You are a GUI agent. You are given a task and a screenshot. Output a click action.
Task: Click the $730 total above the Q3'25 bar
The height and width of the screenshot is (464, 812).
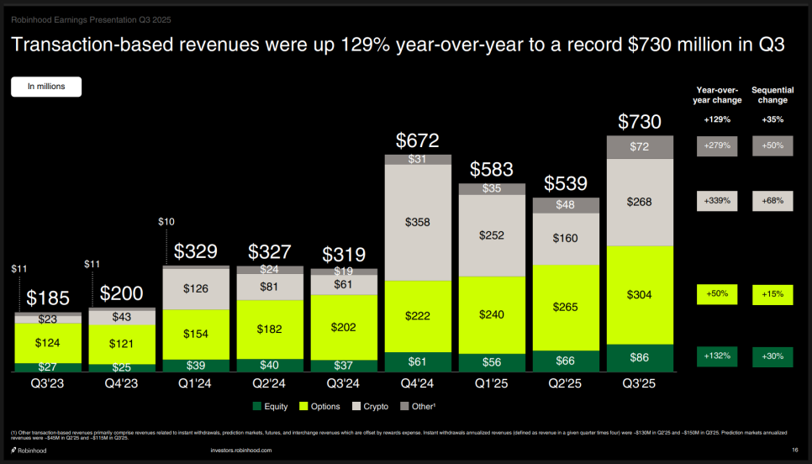tap(640, 122)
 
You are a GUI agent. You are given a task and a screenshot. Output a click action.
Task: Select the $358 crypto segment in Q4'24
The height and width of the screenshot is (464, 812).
tap(418, 223)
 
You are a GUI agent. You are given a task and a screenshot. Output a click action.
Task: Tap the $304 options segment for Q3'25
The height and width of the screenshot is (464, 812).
tap(640, 295)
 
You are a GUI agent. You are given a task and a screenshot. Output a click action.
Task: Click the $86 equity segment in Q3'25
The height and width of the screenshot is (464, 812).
tap(640, 357)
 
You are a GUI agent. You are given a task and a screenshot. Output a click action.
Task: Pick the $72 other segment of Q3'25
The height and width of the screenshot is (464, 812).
tap(640, 147)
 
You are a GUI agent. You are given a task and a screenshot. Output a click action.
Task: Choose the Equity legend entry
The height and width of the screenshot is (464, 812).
tap(271, 407)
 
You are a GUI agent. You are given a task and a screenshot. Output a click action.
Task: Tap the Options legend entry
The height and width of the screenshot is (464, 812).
tap(320, 407)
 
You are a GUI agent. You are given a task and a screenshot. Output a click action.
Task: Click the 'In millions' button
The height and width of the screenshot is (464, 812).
tap(46, 87)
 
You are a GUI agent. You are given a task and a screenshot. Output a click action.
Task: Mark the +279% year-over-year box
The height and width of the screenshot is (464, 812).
tap(717, 146)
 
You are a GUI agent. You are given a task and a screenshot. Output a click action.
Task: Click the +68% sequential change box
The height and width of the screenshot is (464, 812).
tap(772, 200)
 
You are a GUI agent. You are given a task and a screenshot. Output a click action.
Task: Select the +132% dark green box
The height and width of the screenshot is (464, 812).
tap(717, 356)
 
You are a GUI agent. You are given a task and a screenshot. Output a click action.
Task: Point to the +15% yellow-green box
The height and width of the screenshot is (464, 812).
tap(772, 294)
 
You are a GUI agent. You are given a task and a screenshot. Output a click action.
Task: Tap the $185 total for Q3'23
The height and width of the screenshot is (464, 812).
tap(47, 298)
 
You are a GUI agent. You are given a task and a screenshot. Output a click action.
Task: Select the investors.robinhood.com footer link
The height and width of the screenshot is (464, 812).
tap(241, 451)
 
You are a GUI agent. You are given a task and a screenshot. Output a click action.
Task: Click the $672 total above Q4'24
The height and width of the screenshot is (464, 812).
tap(418, 140)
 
